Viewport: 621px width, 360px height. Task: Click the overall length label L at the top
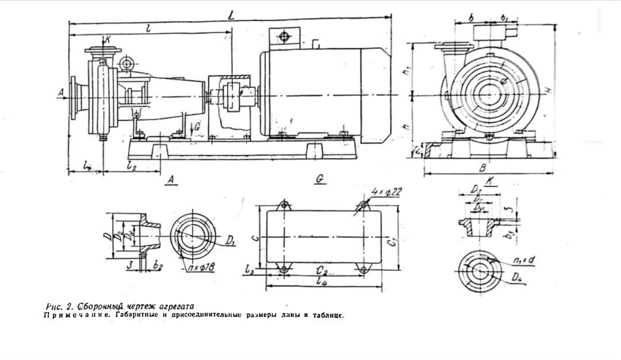(x=231, y=16)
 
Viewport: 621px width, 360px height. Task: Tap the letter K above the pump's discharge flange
(x=107, y=40)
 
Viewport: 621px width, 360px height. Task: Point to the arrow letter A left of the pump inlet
(x=61, y=91)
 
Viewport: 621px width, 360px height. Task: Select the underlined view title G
(x=321, y=180)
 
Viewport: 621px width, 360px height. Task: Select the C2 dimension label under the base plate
(x=323, y=270)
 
